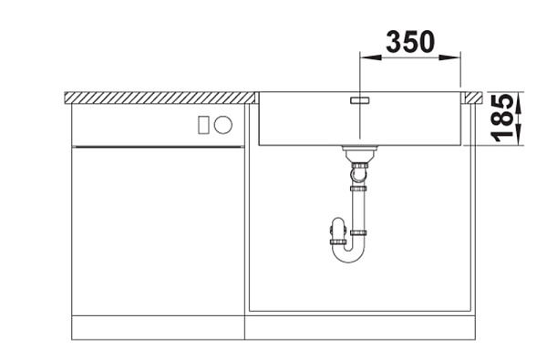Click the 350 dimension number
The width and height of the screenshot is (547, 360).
pyautogui.click(x=410, y=42)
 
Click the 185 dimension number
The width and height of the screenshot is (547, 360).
pyautogui.click(x=501, y=118)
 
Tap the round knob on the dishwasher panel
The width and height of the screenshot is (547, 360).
pyautogui.click(x=223, y=125)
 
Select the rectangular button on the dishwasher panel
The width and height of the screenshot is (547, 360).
pyautogui.click(x=203, y=125)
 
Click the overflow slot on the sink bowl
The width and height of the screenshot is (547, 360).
pyautogui.click(x=360, y=100)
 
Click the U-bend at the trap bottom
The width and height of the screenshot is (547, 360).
pyautogui.click(x=348, y=252)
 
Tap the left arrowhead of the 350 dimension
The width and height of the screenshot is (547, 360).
pyautogui.click(x=370, y=57)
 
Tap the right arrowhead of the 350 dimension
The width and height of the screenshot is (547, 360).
pyautogui.click(x=450, y=57)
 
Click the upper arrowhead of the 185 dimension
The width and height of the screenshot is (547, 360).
pyautogui.click(x=520, y=102)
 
